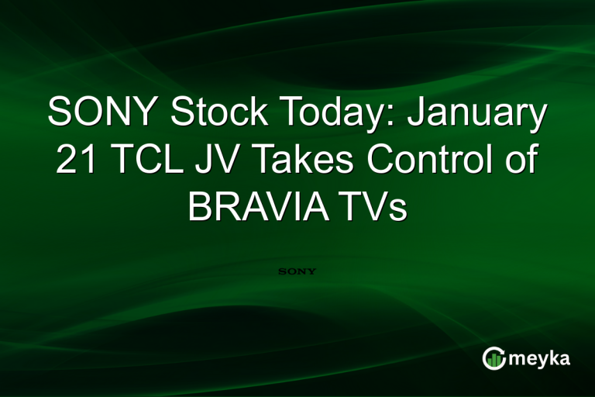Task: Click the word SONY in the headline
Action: coord(103,114)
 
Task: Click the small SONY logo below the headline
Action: coord(297,272)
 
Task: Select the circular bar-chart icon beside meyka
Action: coord(494,357)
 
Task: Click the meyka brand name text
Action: coord(542,359)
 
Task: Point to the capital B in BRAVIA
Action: coord(200,208)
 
